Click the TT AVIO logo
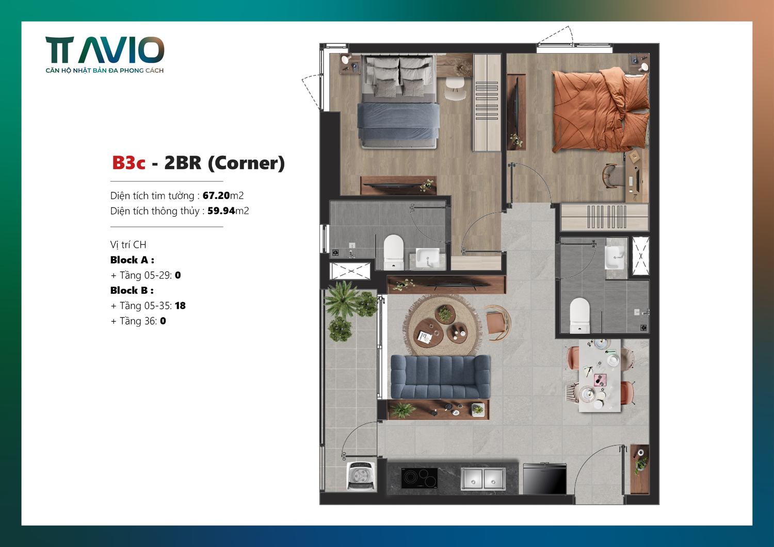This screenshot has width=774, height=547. coord(105,55)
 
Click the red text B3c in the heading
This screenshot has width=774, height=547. coord(128,162)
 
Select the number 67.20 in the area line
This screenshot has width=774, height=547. coord(216,195)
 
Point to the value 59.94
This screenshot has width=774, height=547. coord(221,211)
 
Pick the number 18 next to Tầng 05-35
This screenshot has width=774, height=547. coord(180,306)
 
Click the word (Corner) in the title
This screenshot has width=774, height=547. coord(246,163)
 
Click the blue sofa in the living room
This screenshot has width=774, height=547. coord(441,377)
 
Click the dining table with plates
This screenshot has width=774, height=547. coord(600,375)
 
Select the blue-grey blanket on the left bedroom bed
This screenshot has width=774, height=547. coord(398,122)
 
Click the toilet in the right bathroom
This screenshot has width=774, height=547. coord(579,316)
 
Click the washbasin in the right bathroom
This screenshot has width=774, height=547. coord(615,258)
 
